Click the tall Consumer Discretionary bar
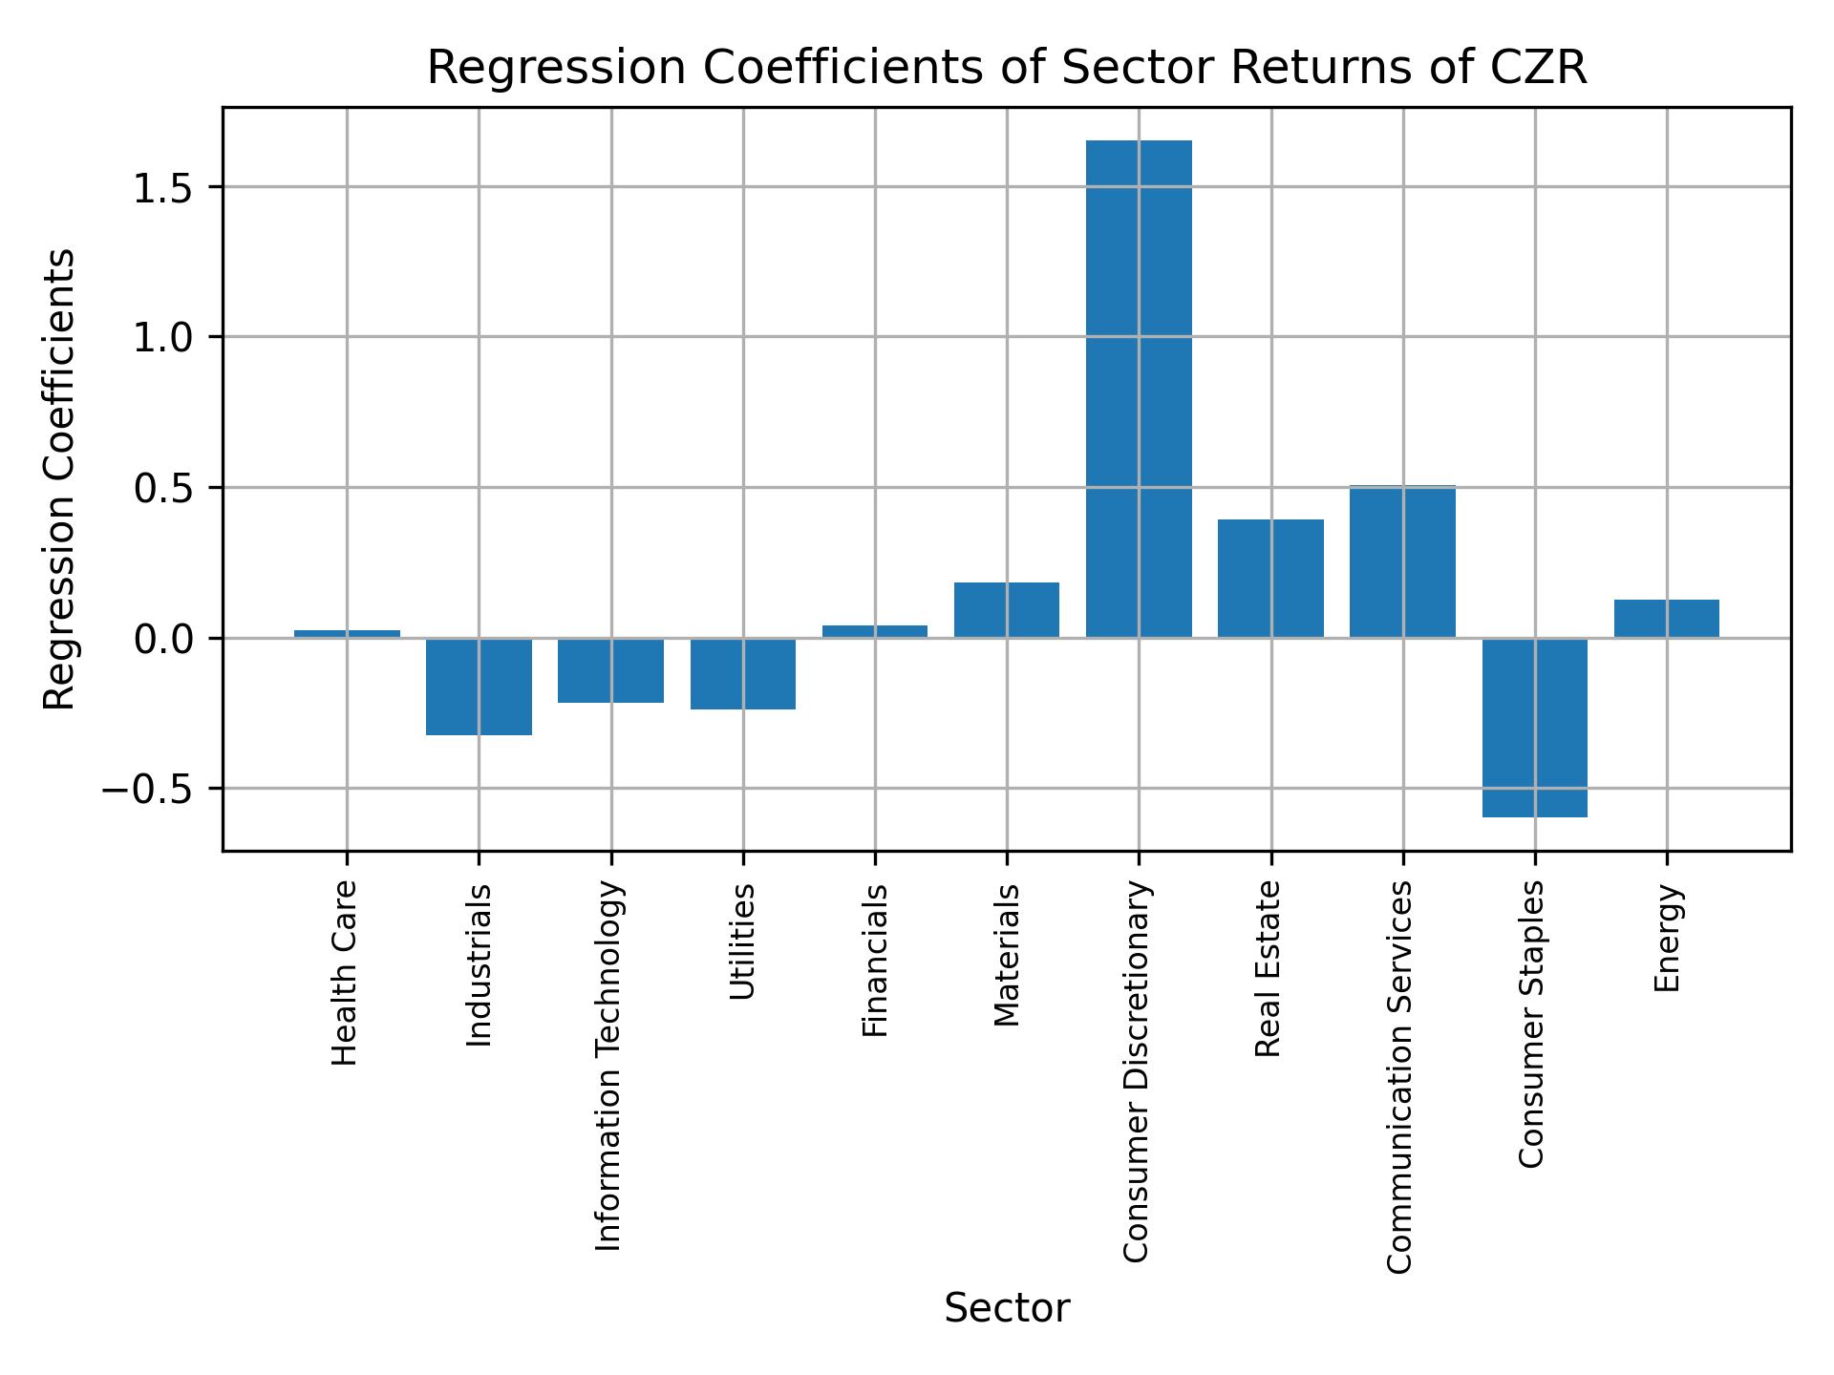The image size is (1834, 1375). click(x=1139, y=389)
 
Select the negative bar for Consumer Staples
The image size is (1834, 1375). click(x=1534, y=727)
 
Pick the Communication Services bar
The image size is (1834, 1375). click(x=1402, y=561)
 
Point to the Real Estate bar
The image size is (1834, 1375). click(x=1270, y=578)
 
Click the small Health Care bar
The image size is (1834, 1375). click(x=347, y=634)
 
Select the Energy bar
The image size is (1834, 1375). click(x=1666, y=618)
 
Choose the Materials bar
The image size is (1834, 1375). click(x=1007, y=609)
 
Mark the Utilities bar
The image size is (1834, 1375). click(x=743, y=673)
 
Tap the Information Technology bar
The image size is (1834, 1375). click(x=611, y=669)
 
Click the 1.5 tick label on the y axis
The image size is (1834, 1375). click(x=163, y=188)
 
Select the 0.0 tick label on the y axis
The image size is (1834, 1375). click(x=163, y=639)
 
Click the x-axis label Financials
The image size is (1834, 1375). click(x=875, y=960)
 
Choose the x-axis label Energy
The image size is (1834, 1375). click(x=1666, y=939)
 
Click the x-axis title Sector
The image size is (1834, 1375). click(x=1007, y=1308)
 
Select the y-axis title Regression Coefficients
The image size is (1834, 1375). click(x=60, y=479)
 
